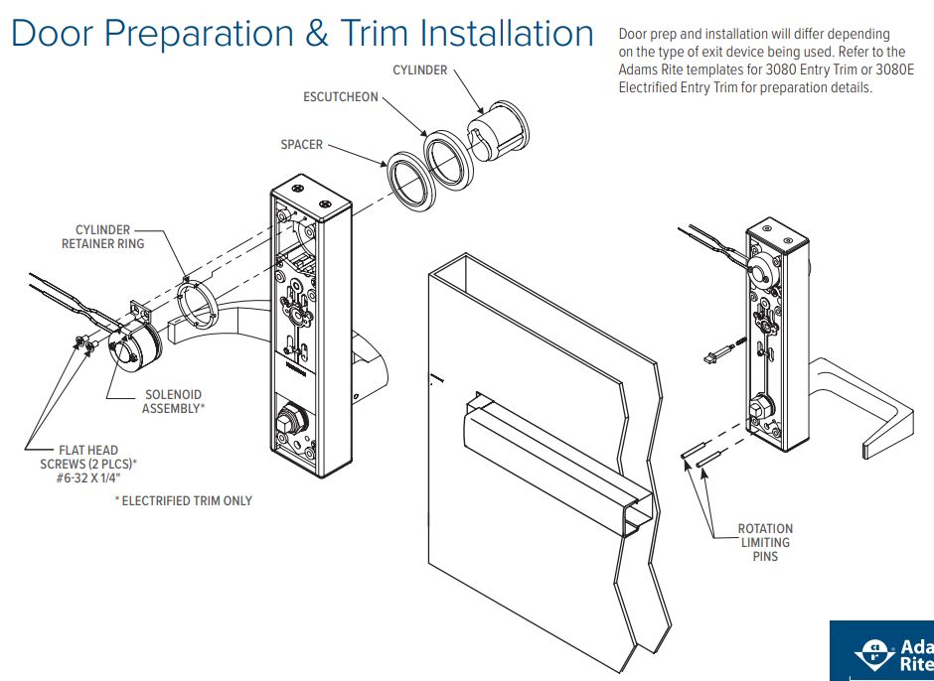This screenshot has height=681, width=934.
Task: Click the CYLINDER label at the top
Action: tap(420, 70)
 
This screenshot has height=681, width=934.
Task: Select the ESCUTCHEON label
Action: tap(341, 97)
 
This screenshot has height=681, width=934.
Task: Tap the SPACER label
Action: tap(301, 145)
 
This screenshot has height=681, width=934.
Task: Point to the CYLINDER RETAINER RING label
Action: tap(102, 236)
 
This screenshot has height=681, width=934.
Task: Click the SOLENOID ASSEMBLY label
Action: tap(173, 401)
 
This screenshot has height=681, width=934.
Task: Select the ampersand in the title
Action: tap(317, 34)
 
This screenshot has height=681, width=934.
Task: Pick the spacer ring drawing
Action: tap(414, 181)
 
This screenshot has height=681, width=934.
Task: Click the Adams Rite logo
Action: tap(882, 651)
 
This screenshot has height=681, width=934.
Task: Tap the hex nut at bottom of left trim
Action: tap(291, 417)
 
